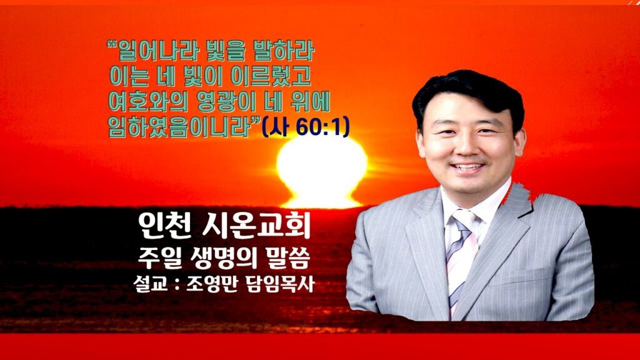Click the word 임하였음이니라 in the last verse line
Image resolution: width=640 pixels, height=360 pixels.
pos(179,126)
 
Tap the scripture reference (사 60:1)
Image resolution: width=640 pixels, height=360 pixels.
pos(305,127)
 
